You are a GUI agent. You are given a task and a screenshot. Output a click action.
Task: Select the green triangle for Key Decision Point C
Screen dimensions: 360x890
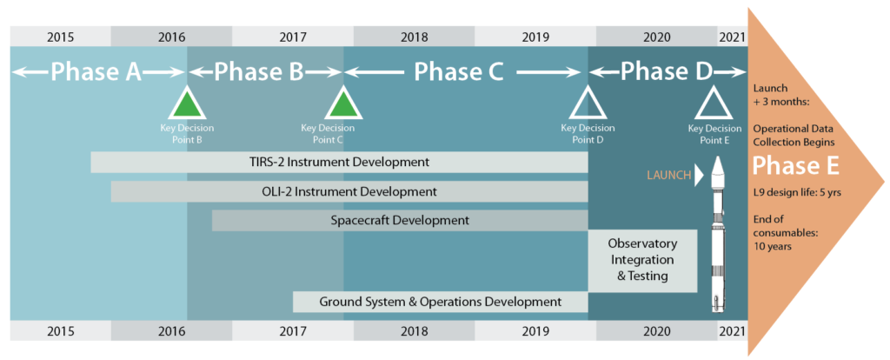[x=343, y=104]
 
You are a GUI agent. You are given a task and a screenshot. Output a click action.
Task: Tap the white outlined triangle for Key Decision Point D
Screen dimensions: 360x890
[x=588, y=104]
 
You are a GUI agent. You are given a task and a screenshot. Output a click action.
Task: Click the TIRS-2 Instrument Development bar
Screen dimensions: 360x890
[x=339, y=162]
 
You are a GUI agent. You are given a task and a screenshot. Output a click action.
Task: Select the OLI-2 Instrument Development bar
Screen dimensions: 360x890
[x=349, y=191]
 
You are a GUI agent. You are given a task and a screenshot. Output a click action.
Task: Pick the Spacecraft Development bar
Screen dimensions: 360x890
[x=400, y=221]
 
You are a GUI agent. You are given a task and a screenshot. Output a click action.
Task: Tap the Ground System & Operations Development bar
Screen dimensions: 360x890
[x=440, y=302]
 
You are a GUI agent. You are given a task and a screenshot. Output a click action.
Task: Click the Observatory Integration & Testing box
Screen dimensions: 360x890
[x=642, y=260]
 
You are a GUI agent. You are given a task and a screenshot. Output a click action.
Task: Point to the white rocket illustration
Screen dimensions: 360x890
[x=718, y=235]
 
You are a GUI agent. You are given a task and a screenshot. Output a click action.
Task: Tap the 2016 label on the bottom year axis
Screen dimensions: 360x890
[x=171, y=331]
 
